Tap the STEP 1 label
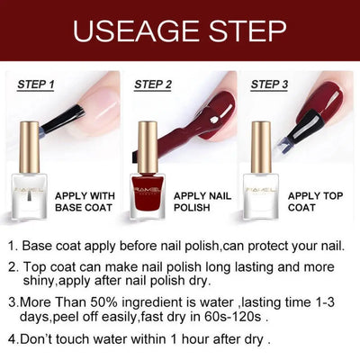point(36,85)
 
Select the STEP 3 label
point(269,85)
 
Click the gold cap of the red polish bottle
point(148,144)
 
